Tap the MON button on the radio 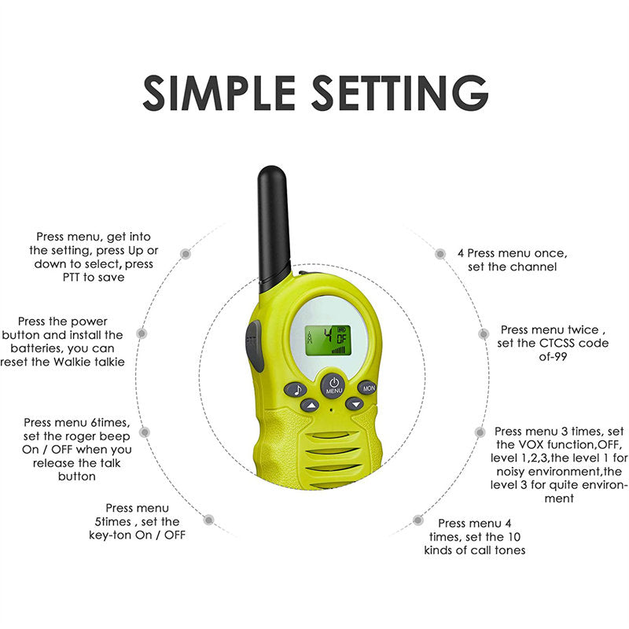[367, 387]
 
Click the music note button [295, 388]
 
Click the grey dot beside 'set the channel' [440, 253]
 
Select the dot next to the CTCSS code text [483, 333]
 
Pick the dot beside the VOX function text [479, 432]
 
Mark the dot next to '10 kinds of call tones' [417, 520]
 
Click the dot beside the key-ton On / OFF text [208, 520]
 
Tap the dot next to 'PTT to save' [186, 254]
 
